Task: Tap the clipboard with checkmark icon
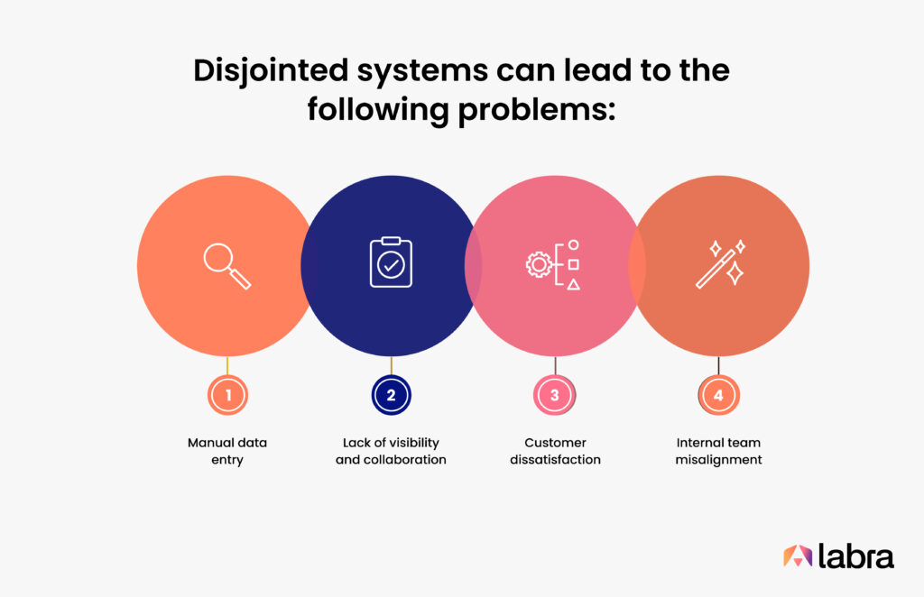[x=391, y=262]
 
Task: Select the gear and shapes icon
[x=552, y=264]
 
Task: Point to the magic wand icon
[x=720, y=262]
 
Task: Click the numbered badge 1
[x=227, y=394]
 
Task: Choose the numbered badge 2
[x=391, y=394]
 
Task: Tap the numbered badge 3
[x=554, y=394]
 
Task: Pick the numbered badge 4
[x=718, y=394]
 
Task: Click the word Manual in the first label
[x=209, y=443]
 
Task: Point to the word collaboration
[x=411, y=460]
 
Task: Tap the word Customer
[x=555, y=443]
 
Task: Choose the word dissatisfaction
[x=555, y=460]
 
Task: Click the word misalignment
[x=719, y=460]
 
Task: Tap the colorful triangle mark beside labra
[x=797, y=556]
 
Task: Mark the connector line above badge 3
[x=555, y=364]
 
